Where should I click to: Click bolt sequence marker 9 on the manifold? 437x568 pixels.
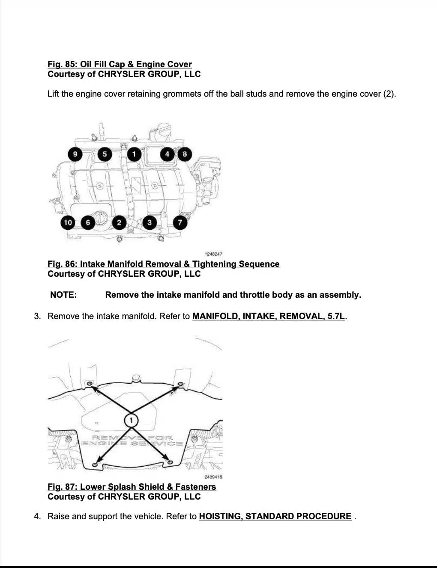click(75, 154)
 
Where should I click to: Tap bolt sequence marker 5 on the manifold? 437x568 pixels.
click(105, 154)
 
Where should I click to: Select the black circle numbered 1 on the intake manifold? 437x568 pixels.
click(134, 154)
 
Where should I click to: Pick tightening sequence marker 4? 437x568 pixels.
click(167, 154)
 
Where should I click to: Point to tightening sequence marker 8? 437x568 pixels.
click(185, 154)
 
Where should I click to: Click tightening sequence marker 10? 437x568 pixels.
click(68, 222)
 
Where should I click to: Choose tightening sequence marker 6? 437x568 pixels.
click(88, 222)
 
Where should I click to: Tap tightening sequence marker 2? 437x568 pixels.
click(119, 222)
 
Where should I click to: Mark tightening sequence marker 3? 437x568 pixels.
click(149, 222)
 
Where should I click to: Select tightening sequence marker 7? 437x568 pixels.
click(180, 222)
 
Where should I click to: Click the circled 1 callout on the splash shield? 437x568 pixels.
click(131, 420)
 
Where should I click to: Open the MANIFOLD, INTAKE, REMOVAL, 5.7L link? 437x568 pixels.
click(268, 317)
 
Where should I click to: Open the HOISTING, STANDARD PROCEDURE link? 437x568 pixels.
click(275, 516)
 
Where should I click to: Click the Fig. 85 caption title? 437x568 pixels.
click(120, 64)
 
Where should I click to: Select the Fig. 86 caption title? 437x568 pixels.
click(163, 264)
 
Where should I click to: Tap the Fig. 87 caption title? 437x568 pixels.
click(132, 487)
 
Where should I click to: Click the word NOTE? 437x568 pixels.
click(63, 295)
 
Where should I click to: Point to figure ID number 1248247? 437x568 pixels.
click(213, 254)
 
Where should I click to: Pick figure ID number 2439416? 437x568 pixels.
click(213, 477)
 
